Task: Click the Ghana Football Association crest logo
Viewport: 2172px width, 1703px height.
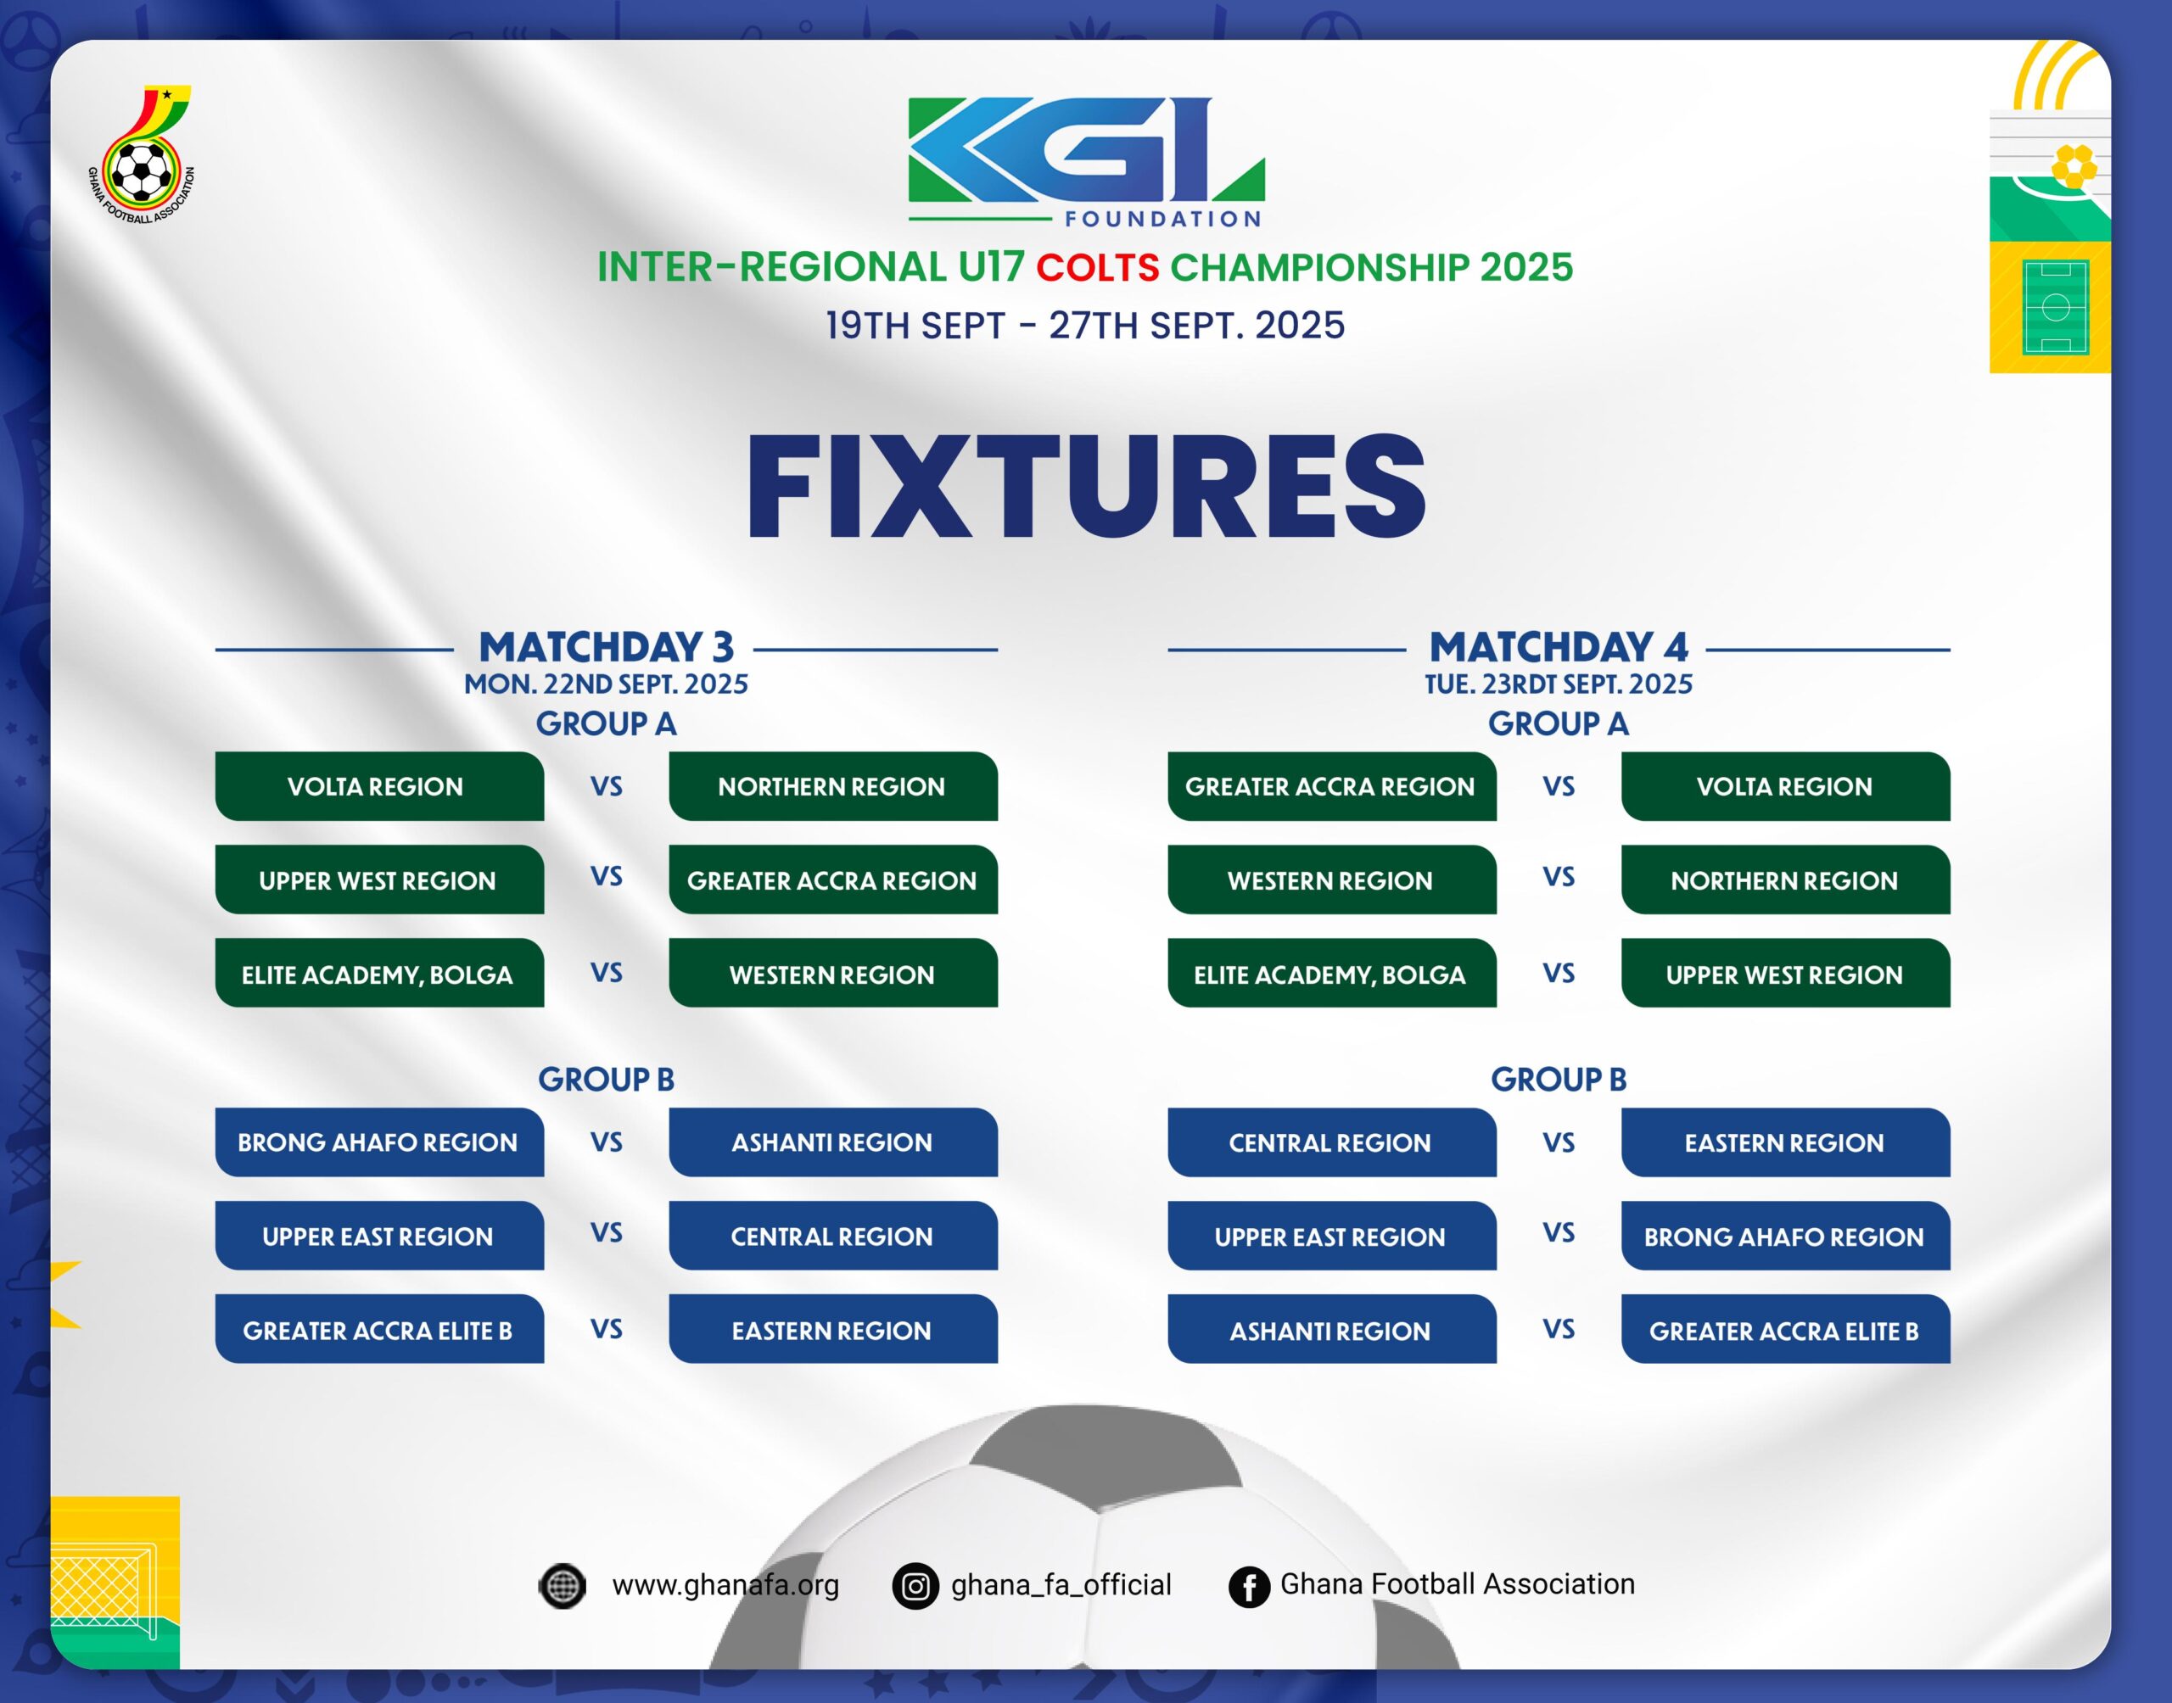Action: click(x=142, y=154)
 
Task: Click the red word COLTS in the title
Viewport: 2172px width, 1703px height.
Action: click(x=1097, y=267)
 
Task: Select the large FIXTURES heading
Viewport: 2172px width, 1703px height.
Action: click(x=1086, y=487)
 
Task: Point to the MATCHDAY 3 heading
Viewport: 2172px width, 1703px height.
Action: click(x=607, y=647)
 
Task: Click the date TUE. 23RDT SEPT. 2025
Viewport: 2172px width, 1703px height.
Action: click(x=1558, y=684)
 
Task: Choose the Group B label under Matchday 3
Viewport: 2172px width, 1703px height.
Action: click(x=607, y=1079)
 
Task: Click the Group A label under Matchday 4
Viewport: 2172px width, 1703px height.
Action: click(x=1558, y=724)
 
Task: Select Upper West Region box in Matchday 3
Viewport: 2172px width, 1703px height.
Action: click(x=379, y=879)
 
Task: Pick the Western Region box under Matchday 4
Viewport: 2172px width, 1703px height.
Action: click(x=1331, y=879)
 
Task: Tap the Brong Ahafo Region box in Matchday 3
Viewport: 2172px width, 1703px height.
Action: click(x=379, y=1142)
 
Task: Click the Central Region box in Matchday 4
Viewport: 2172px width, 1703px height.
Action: click(x=1331, y=1142)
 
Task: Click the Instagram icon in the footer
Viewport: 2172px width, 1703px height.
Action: click(x=915, y=1585)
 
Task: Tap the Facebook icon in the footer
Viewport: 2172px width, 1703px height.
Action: click(x=1249, y=1585)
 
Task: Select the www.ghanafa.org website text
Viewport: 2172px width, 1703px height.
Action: click(x=725, y=1584)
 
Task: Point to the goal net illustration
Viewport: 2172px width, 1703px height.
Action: click(x=103, y=1594)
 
